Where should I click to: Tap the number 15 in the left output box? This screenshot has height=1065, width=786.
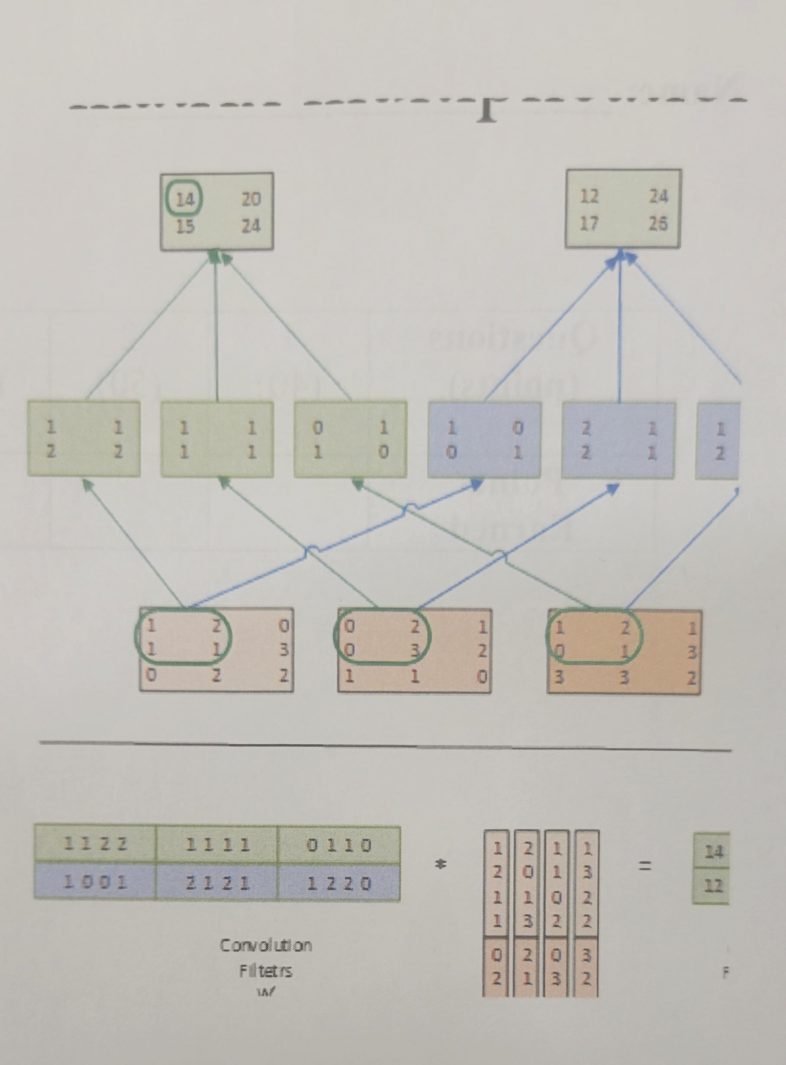pyautogui.click(x=185, y=226)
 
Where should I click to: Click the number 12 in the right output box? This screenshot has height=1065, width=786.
pyautogui.click(x=589, y=196)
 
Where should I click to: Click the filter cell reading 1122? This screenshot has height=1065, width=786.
pyautogui.click(x=96, y=845)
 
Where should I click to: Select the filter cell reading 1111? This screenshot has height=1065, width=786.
pyautogui.click(x=217, y=845)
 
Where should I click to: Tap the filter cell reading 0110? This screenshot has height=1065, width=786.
pyautogui.click(x=339, y=845)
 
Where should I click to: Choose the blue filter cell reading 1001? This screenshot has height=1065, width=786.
pyautogui.click(x=96, y=883)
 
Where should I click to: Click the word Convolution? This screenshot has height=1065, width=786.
pyautogui.click(x=265, y=945)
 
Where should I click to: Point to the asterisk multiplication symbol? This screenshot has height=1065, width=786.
pyautogui.click(x=441, y=867)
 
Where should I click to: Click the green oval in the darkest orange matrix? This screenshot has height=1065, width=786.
pyautogui.click(x=595, y=637)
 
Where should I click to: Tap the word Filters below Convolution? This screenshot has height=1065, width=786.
pyautogui.click(x=265, y=971)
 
